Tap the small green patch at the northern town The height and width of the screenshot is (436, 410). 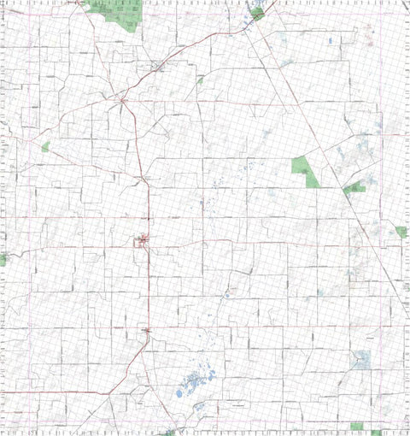pyautogui.click(x=255, y=14)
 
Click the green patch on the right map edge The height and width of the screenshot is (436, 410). pyautogui.click(x=401, y=232)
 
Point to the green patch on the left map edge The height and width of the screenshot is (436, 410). pyautogui.click(x=3, y=258)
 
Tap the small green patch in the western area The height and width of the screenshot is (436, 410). pyautogui.click(x=45, y=147)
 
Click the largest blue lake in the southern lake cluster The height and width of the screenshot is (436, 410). pyautogui.click(x=179, y=393)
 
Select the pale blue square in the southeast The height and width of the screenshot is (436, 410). pyautogui.click(x=363, y=359)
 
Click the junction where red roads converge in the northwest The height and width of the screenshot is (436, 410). pyautogui.click(x=123, y=101)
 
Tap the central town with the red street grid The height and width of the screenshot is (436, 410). pyautogui.click(x=143, y=243)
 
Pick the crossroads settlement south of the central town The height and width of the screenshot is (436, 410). pyautogui.click(x=148, y=328)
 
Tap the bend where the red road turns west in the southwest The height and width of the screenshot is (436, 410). pyautogui.click(x=111, y=392)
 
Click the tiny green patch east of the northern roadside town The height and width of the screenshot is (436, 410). pyautogui.click(x=200, y=80)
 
